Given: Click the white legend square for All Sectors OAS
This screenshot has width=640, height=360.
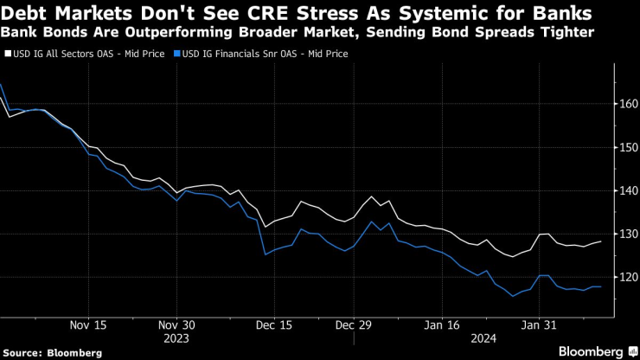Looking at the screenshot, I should click(8, 54).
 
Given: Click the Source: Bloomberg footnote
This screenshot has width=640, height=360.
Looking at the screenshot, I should click(51, 352).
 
